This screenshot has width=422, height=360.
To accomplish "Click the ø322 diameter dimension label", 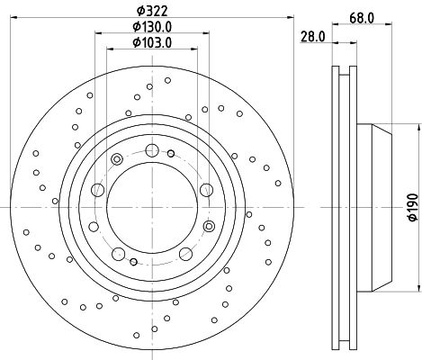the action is pos(152,11).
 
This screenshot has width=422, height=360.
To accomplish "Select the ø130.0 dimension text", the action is pos(152,27).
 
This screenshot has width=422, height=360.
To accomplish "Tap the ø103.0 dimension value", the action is pos(152,42).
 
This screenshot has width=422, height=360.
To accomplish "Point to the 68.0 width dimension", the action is pos(362,18).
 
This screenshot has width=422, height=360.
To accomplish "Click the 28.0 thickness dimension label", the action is pos(313,37).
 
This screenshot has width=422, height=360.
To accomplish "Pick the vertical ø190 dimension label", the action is pos(413,207).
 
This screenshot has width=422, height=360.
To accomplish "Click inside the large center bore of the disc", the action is pos(152,208).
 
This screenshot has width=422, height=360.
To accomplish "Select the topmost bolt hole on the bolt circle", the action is pos(152,150).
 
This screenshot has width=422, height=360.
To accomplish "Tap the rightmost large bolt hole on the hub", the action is pos(206,190).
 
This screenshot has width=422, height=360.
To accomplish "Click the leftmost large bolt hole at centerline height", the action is pos(97,190).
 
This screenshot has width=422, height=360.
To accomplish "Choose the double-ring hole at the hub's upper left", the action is pos(117,159).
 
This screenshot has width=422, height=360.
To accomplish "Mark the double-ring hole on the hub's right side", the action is pos(209,226).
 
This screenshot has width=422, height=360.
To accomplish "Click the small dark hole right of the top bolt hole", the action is pos(171,154).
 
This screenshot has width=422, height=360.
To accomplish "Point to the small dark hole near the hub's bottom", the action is pos(134,262).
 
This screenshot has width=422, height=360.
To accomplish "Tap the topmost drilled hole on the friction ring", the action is pos(168,80).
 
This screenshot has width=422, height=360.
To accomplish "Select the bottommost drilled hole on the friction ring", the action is pos(137,335).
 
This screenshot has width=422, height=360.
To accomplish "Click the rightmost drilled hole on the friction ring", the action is pos(278,183).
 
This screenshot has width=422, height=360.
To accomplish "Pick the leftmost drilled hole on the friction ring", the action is pos(26,232).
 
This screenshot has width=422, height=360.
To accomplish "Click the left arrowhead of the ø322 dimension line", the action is pos(13,17).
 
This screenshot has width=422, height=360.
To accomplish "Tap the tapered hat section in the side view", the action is pos(382,208).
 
